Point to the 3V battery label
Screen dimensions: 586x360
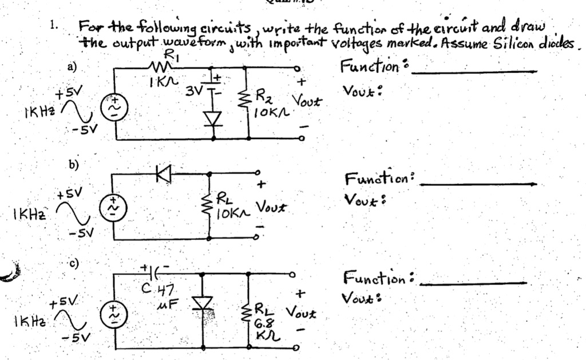pyautogui.click(x=194, y=90)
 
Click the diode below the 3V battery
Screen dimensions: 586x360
pyautogui.click(x=213, y=119)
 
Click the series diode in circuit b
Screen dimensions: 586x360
pyautogui.click(x=163, y=173)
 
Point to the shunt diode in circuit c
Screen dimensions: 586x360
pyautogui.click(x=202, y=303)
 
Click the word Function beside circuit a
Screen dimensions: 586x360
pyautogui.click(x=370, y=66)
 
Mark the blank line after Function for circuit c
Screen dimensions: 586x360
pyautogui.click(x=473, y=283)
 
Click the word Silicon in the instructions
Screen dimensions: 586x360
pyautogui.click(x=515, y=43)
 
